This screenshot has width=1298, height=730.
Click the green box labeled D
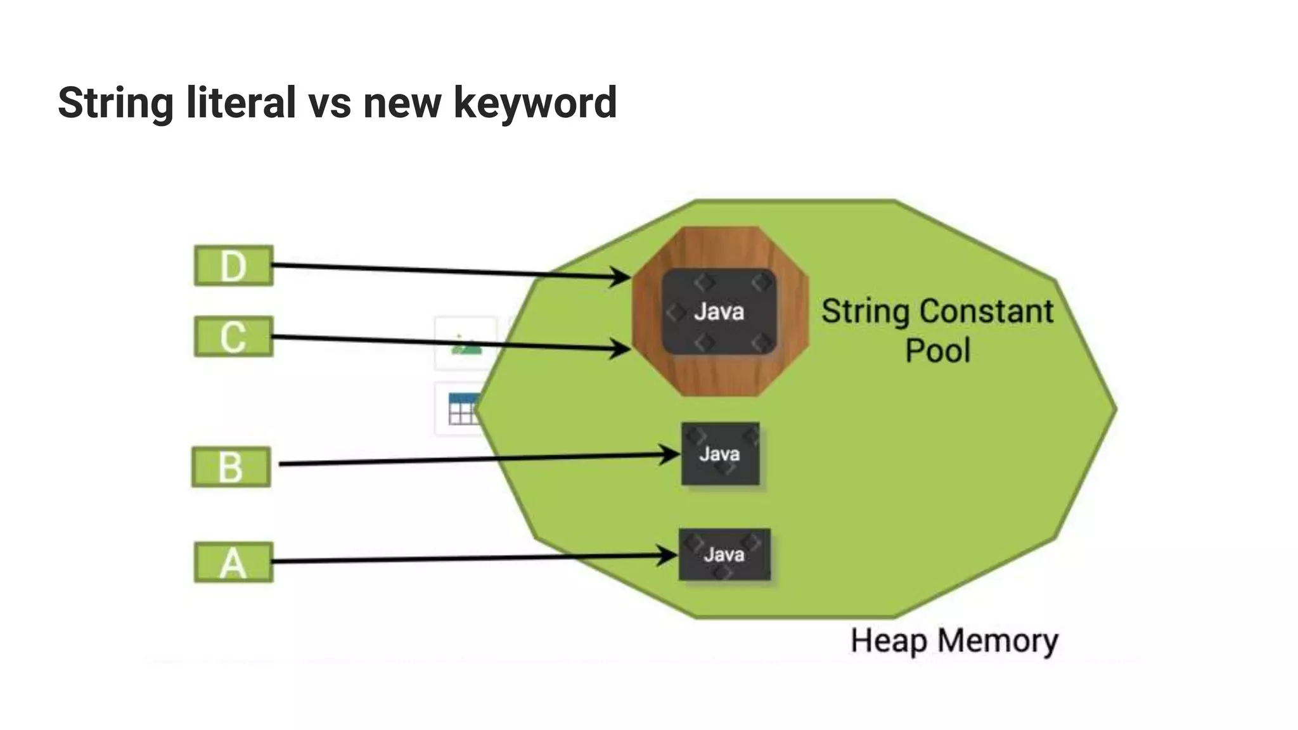pos(233,266)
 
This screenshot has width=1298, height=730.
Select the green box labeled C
pos(233,336)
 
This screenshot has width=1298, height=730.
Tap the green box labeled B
pos(231,467)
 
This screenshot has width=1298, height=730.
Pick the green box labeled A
pos(233,562)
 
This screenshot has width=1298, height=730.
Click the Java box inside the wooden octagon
pos(719,311)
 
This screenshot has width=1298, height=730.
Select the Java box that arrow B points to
pos(720,454)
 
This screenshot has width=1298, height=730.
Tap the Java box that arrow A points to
pos(724,554)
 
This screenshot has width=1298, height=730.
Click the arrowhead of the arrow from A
pos(668,555)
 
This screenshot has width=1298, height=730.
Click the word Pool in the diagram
pos(937,351)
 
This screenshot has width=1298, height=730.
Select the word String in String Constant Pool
pos(866,312)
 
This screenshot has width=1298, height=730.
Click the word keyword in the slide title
pos(535,103)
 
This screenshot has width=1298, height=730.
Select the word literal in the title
pos(241,103)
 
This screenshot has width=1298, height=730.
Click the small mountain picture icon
pos(466,345)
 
